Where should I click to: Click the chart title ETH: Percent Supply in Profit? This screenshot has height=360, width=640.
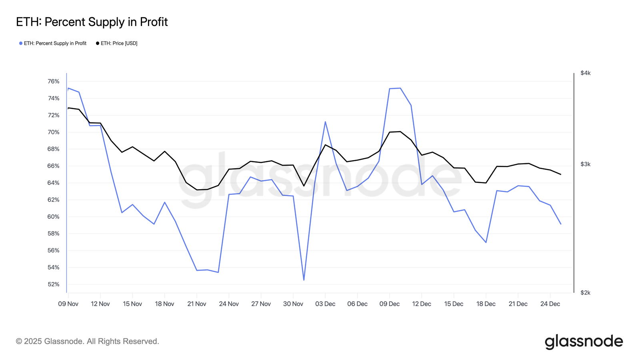pos(92,22)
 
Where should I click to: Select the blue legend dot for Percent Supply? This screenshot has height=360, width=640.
pos(21,43)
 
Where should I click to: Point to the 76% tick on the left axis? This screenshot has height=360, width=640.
pos(53,82)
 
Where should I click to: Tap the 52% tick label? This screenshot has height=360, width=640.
pos(53,284)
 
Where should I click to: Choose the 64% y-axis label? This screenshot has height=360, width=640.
pos(53,183)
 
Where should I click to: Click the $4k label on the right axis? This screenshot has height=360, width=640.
pos(585,73)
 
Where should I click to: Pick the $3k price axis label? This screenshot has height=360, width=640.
pos(585,164)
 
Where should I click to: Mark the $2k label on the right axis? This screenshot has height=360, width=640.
pos(585,293)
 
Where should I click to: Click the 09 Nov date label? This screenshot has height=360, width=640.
pos(68,304)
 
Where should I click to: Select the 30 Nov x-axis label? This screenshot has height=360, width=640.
pos(293,304)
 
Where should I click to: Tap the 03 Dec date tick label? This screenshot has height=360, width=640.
pos(325,304)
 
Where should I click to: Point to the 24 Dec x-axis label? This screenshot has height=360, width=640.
pos(550,304)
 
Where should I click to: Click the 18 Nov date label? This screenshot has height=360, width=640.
pos(164,304)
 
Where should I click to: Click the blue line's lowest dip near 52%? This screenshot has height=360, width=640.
pos(304,280)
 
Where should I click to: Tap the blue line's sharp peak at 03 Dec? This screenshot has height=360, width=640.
pos(325,122)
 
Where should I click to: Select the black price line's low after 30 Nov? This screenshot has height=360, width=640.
pos(304,186)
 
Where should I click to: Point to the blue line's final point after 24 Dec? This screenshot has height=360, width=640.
pos(561,224)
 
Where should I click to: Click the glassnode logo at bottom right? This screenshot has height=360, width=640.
pos(584,342)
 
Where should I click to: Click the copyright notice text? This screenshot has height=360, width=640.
pos(87,342)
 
